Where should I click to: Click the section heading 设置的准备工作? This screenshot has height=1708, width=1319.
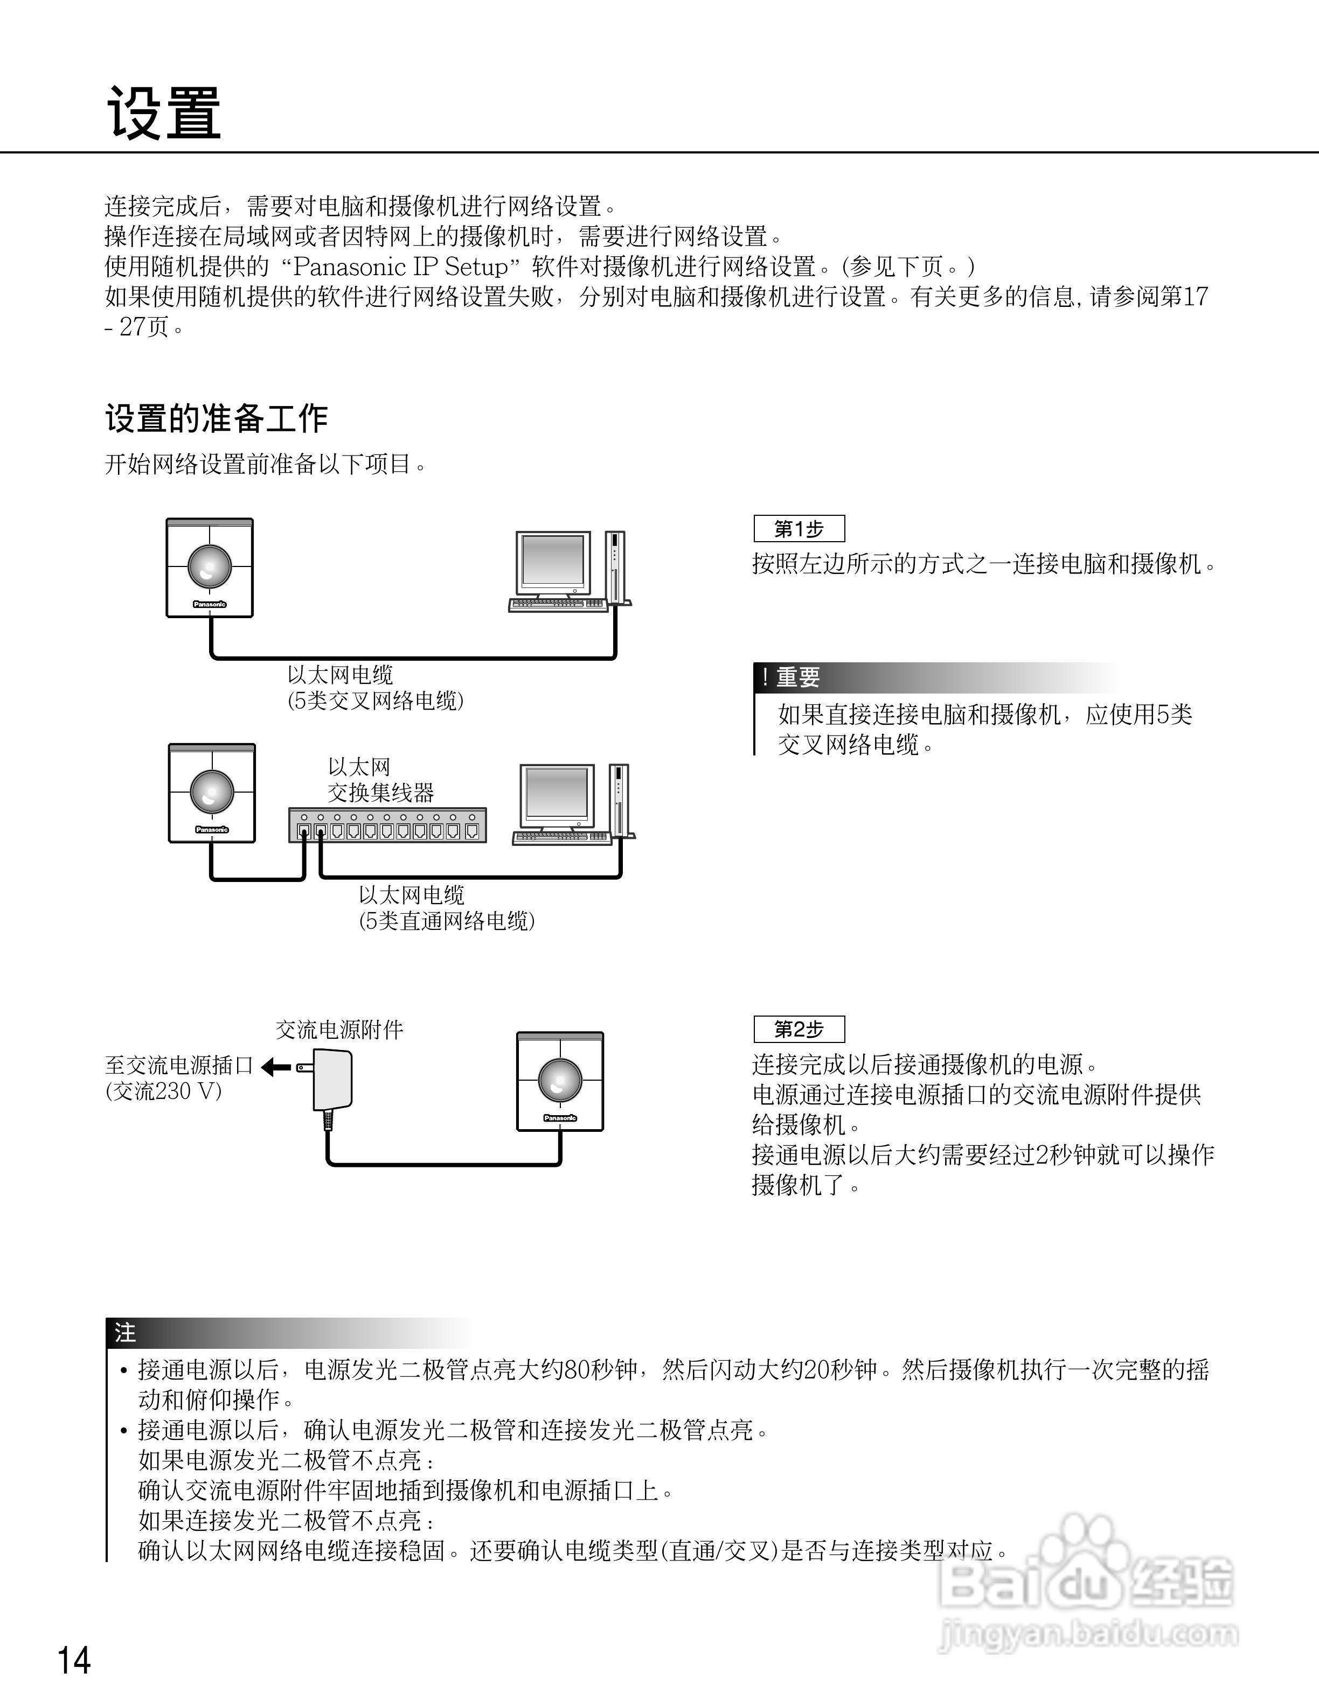pyautogui.click(x=216, y=418)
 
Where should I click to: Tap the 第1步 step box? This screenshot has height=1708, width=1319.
pyautogui.click(x=799, y=529)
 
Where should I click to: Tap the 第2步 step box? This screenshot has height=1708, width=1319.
pyautogui.click(x=799, y=1029)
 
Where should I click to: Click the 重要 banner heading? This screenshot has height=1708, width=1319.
pyautogui.click(x=798, y=677)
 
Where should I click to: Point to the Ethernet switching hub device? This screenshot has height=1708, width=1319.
pyautogui.click(x=387, y=825)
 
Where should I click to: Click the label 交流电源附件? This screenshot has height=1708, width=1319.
pyautogui.click(x=339, y=1029)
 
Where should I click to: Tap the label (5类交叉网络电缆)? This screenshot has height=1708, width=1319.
pyautogui.click(x=376, y=701)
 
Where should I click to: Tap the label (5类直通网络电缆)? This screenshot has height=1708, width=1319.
pyautogui.click(x=447, y=921)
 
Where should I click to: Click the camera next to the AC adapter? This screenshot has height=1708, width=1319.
pyautogui.click(x=560, y=1081)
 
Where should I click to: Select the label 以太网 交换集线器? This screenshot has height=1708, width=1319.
pyautogui.click(x=380, y=780)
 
